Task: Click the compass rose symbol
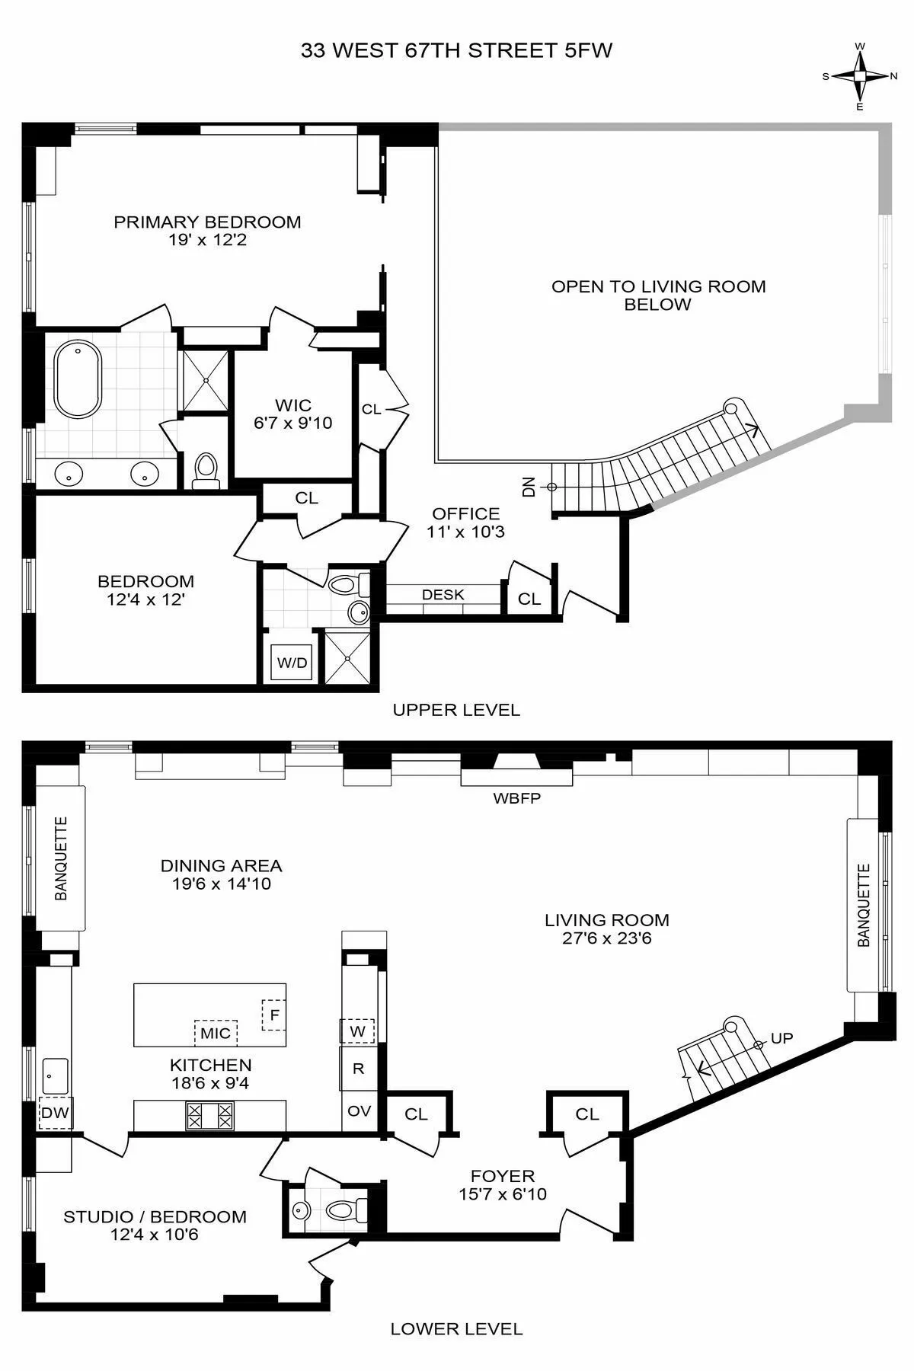(x=860, y=75)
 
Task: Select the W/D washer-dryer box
(x=292, y=663)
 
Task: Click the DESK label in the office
(x=443, y=595)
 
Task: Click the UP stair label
(x=782, y=1038)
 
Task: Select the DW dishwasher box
(x=55, y=1113)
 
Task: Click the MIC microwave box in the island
(x=216, y=1033)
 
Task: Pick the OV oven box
(x=359, y=1111)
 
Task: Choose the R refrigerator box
(x=359, y=1069)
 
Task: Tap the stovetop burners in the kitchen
(x=209, y=1116)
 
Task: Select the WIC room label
(x=293, y=405)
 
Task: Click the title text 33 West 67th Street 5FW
(x=456, y=51)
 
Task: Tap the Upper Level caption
(x=456, y=710)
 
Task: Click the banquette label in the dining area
(x=61, y=858)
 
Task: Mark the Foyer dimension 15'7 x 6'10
(x=503, y=1194)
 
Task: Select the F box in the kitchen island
(x=273, y=1015)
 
